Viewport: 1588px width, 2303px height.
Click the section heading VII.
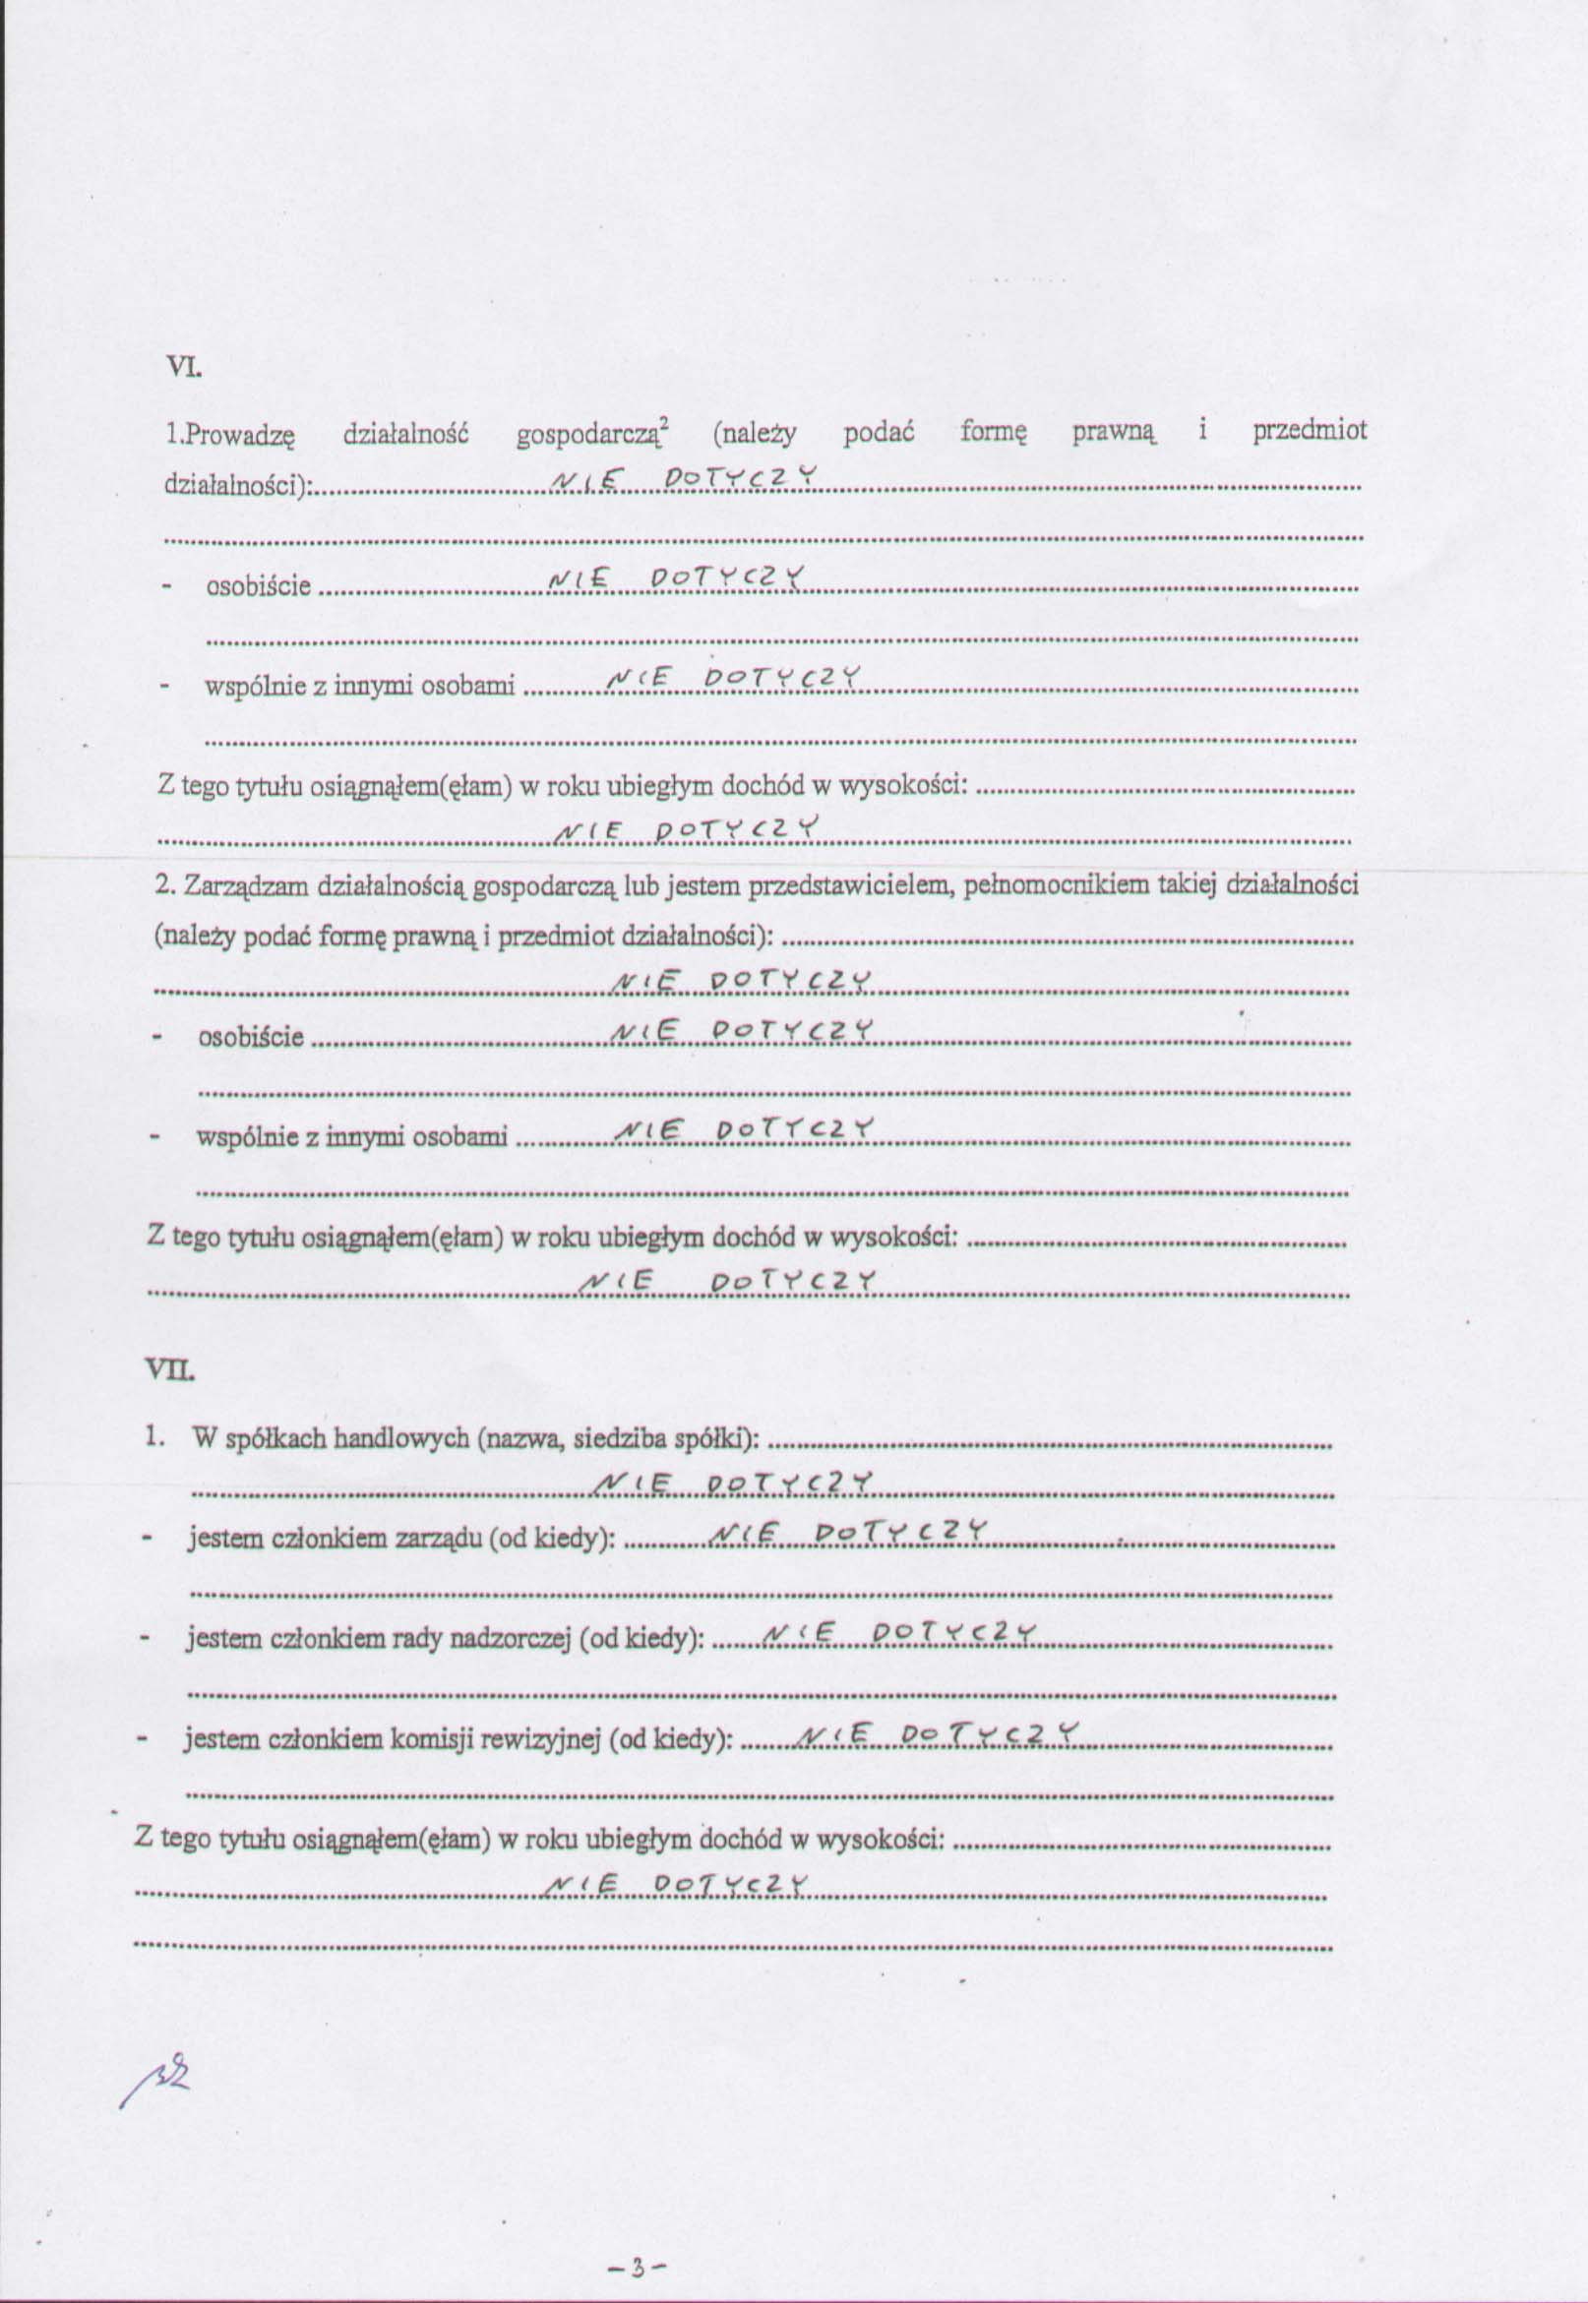pos(171,1371)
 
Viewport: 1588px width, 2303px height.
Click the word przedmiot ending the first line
pos(1309,431)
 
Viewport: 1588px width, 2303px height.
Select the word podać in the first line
pos(879,433)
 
